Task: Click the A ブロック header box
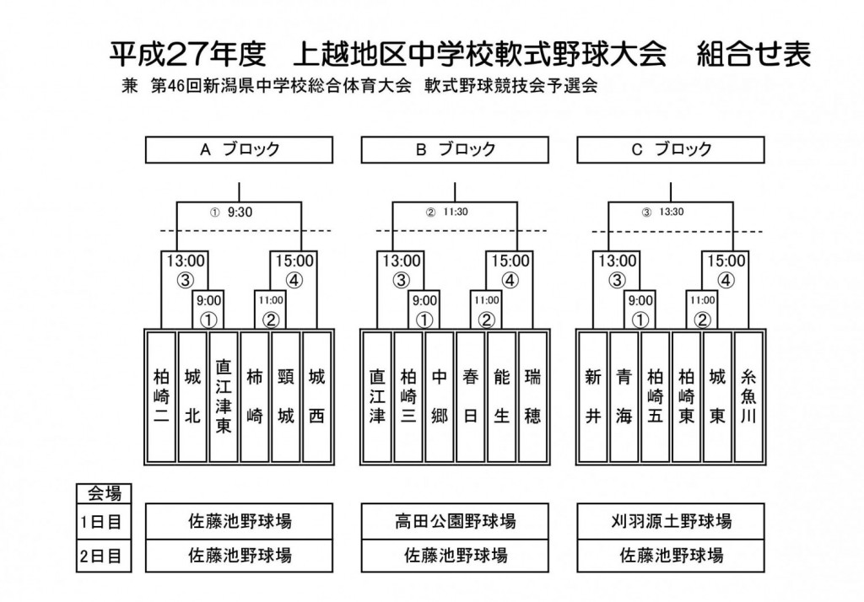(x=239, y=150)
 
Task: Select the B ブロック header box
(x=455, y=150)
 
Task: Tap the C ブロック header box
(x=671, y=150)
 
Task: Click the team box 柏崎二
(x=161, y=397)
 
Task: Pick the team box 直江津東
(x=224, y=397)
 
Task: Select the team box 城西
(x=317, y=397)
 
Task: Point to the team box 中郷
(x=439, y=397)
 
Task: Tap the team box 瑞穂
(x=533, y=397)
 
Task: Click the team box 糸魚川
(x=748, y=397)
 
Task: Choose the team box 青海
(x=624, y=397)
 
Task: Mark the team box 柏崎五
(x=655, y=397)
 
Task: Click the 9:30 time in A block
(x=240, y=212)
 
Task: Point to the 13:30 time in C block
(x=671, y=212)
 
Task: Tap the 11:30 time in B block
(x=455, y=212)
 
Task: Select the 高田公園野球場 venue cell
(x=455, y=521)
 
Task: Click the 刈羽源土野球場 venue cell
(x=671, y=521)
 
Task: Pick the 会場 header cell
(x=104, y=493)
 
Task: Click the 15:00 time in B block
(x=510, y=261)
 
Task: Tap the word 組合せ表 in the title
(x=753, y=54)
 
